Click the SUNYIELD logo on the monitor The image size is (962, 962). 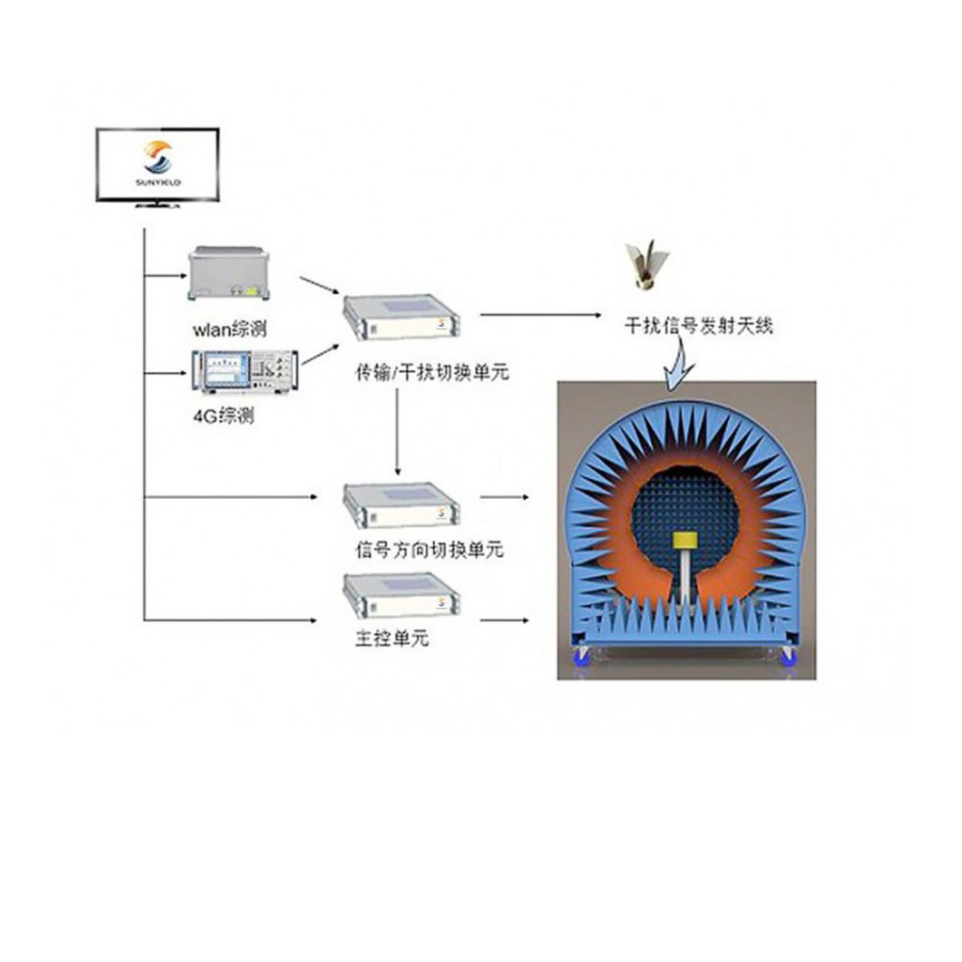(158, 163)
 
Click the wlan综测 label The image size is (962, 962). (230, 330)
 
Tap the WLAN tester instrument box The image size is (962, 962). (228, 273)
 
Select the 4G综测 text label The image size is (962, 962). (224, 416)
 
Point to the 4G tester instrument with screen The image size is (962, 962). (245, 372)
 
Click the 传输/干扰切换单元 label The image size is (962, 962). (432, 372)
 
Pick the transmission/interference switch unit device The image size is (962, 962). (401, 318)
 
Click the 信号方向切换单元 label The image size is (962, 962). (429, 549)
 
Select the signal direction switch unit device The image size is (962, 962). (401, 504)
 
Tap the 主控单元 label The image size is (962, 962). (392, 639)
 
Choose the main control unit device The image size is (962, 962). (401, 595)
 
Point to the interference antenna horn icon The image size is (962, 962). (646, 265)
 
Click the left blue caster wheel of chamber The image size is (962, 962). (581, 656)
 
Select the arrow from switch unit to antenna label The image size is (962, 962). (540, 315)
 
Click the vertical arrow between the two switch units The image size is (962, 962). (397, 432)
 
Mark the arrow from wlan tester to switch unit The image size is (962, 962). (319, 286)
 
